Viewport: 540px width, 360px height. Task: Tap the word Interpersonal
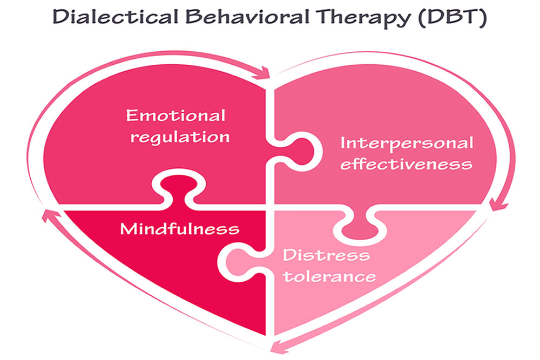pos(407,144)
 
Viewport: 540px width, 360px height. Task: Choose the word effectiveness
pos(407,164)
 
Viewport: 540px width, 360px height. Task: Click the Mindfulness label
pos(179,229)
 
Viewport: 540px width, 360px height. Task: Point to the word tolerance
pos(329,277)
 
